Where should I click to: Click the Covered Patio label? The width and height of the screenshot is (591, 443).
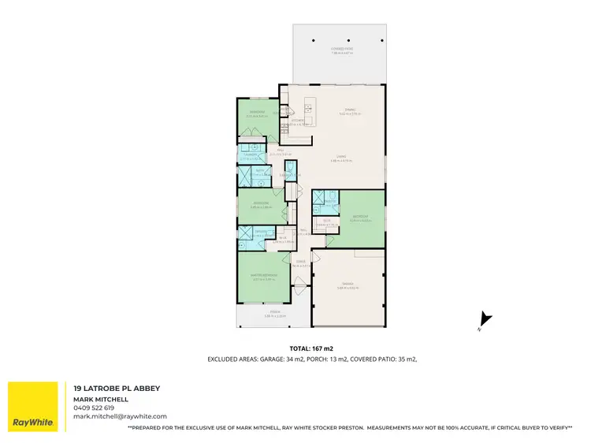pos(341,48)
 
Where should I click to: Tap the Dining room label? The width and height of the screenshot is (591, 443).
pos(350,110)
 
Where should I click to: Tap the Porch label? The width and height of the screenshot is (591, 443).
pos(274,312)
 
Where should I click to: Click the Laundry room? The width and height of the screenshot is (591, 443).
pos(252,155)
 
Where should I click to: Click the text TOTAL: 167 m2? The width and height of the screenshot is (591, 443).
pos(311,348)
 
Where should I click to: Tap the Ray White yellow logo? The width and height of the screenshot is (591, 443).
pos(33,407)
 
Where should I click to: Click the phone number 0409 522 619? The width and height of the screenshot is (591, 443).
pos(94,408)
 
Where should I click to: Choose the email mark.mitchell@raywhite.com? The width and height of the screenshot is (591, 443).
pos(120,416)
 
